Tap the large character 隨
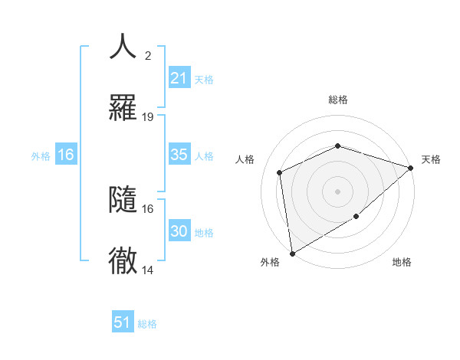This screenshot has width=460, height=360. (123, 199)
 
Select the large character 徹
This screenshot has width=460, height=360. (123, 261)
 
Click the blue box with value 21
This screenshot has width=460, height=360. (179, 78)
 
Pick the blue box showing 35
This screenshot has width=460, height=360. (179, 155)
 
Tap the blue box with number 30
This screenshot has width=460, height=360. (179, 231)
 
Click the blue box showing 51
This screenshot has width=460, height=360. (123, 322)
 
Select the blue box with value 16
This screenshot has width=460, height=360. (66, 155)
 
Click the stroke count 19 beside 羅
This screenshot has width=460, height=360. (148, 117)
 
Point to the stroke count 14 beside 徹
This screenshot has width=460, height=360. (148, 270)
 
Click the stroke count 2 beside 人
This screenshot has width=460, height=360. (148, 55)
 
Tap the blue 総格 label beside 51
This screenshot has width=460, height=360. (147, 324)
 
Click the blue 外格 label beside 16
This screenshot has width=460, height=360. (41, 155)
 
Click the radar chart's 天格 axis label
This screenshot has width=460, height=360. (431, 159)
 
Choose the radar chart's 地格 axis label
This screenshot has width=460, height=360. (402, 262)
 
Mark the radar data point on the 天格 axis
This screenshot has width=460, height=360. (411, 168)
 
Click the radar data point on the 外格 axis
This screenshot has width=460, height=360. (292, 253)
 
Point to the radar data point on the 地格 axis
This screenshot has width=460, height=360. (356, 217)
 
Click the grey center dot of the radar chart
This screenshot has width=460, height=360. (337, 191)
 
